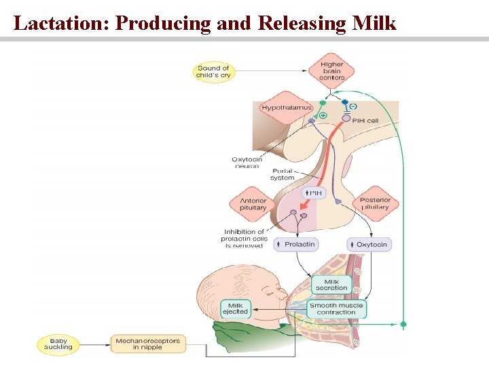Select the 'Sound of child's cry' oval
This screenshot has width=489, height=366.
click(x=213, y=71)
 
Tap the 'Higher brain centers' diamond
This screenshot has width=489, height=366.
click(x=331, y=71)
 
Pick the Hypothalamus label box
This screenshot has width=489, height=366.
click(x=286, y=107)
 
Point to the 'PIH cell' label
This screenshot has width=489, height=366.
click(x=365, y=120)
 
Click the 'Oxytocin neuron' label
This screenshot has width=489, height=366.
click(x=247, y=163)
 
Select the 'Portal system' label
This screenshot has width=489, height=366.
click(x=283, y=174)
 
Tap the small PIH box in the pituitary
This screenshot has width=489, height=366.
click(x=314, y=193)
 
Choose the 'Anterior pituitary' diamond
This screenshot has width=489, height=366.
click(x=253, y=204)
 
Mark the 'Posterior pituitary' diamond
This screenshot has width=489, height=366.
click(x=375, y=203)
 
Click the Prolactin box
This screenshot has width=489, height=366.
click(x=295, y=244)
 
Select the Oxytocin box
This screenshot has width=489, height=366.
click(x=369, y=244)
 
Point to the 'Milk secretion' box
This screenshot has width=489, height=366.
click(x=331, y=285)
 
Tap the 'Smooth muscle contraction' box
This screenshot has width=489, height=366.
click(x=336, y=309)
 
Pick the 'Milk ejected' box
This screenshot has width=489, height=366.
click(x=235, y=309)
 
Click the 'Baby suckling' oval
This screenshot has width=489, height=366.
click(x=58, y=344)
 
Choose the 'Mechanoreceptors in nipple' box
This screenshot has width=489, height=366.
click(x=147, y=344)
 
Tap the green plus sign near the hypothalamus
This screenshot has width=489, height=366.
click(x=323, y=116)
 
